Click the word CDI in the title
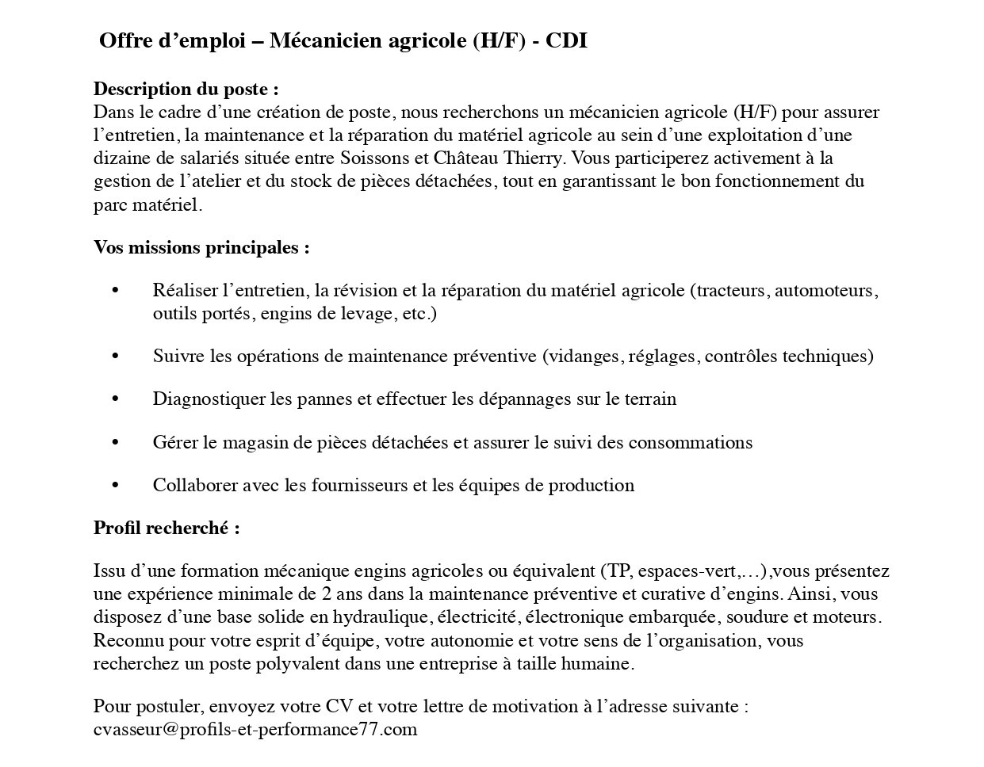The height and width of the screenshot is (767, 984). click(x=566, y=41)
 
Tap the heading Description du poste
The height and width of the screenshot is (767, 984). click(x=186, y=89)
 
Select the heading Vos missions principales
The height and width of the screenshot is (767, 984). click(x=201, y=247)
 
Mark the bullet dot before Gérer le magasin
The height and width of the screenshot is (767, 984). click(x=116, y=442)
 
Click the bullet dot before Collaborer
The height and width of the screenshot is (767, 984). click(x=116, y=485)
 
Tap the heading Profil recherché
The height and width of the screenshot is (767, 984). click(x=167, y=528)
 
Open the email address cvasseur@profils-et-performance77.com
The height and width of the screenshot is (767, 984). click(x=255, y=730)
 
